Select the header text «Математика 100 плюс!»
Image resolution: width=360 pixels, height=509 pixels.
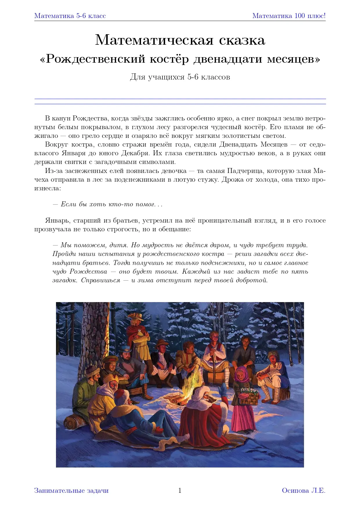[x=289, y=16]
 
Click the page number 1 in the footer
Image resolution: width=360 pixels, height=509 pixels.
[x=180, y=490]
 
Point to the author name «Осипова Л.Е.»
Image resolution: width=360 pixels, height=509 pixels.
[x=303, y=490]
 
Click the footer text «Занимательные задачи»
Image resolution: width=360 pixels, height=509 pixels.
[x=71, y=490]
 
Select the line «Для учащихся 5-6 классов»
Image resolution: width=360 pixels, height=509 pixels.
[x=180, y=77]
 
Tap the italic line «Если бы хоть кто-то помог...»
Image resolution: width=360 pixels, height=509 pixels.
[x=107, y=204]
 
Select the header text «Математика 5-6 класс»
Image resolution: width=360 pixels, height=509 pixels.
[x=70, y=16]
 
